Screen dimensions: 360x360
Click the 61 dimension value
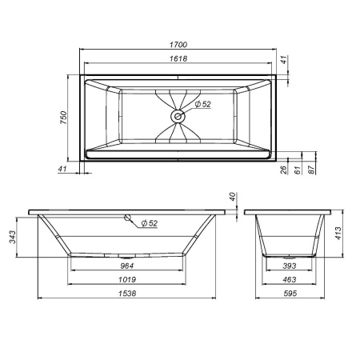coord(297,170)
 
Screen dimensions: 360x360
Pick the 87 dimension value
coord(310,170)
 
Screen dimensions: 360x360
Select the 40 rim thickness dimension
coord(232,197)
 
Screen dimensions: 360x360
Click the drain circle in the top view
coord(178,116)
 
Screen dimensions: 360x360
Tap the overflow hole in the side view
coord(126,217)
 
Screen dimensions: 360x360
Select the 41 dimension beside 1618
coord(284,62)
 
